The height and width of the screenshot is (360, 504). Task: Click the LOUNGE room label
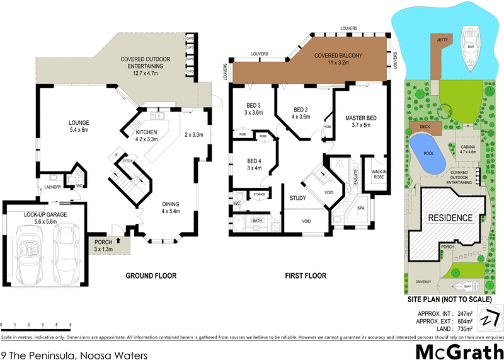(x=79, y=122)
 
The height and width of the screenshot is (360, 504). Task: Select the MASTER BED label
(x=361, y=118)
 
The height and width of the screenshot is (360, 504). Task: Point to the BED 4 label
(x=254, y=161)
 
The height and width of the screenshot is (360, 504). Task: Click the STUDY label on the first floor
(x=298, y=199)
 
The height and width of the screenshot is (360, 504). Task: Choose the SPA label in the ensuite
(x=361, y=207)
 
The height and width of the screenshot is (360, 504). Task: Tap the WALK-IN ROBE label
(x=379, y=174)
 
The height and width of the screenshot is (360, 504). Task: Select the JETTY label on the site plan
(x=442, y=39)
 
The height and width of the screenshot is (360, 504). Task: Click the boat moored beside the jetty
(x=469, y=48)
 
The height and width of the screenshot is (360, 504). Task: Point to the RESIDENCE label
(x=450, y=218)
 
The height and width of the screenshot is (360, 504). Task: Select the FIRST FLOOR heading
(x=306, y=276)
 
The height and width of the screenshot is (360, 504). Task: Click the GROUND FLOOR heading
(x=151, y=276)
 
